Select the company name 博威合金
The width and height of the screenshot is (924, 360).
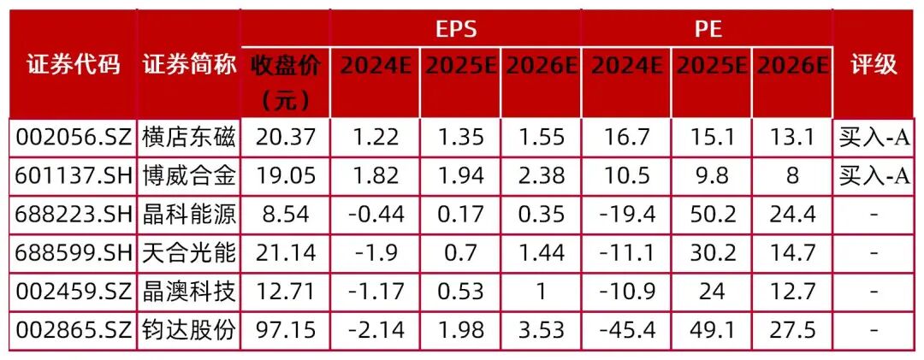click(189, 175)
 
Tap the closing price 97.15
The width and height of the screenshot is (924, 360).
click(286, 330)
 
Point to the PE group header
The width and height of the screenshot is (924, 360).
click(708, 29)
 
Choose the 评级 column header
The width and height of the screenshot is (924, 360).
click(874, 65)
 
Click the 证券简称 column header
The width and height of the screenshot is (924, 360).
click(189, 65)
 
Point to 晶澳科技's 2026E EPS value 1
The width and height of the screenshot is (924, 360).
click(540, 292)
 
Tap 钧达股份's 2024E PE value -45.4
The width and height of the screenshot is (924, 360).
click(626, 330)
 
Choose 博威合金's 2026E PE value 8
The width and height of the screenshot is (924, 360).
click(792, 175)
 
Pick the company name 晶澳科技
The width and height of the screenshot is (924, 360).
click(189, 292)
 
